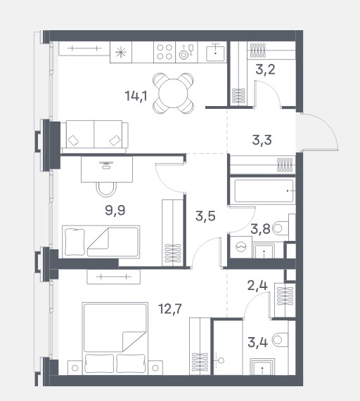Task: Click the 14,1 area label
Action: tap(136, 96)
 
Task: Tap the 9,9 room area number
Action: tap(115, 211)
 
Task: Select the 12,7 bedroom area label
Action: tap(170, 309)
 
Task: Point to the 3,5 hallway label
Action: tap(205, 216)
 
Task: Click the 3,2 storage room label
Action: tap(265, 70)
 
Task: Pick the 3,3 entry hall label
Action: tap(262, 140)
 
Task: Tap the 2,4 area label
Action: tap(257, 285)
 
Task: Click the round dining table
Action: tap(174, 93)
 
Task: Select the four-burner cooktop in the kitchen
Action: tap(165, 52)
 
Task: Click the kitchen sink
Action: tap(215, 53)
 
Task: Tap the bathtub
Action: tap(263, 191)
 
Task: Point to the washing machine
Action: tap(241, 246)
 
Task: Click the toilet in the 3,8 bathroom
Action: tap(281, 228)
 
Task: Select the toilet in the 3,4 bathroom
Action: tap(281, 340)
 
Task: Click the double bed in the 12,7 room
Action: tap(115, 338)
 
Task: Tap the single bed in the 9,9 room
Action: tap(101, 242)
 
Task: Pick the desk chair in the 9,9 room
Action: tap(106, 190)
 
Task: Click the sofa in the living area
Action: tap(95, 137)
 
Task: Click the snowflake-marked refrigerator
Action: tap(121, 53)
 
